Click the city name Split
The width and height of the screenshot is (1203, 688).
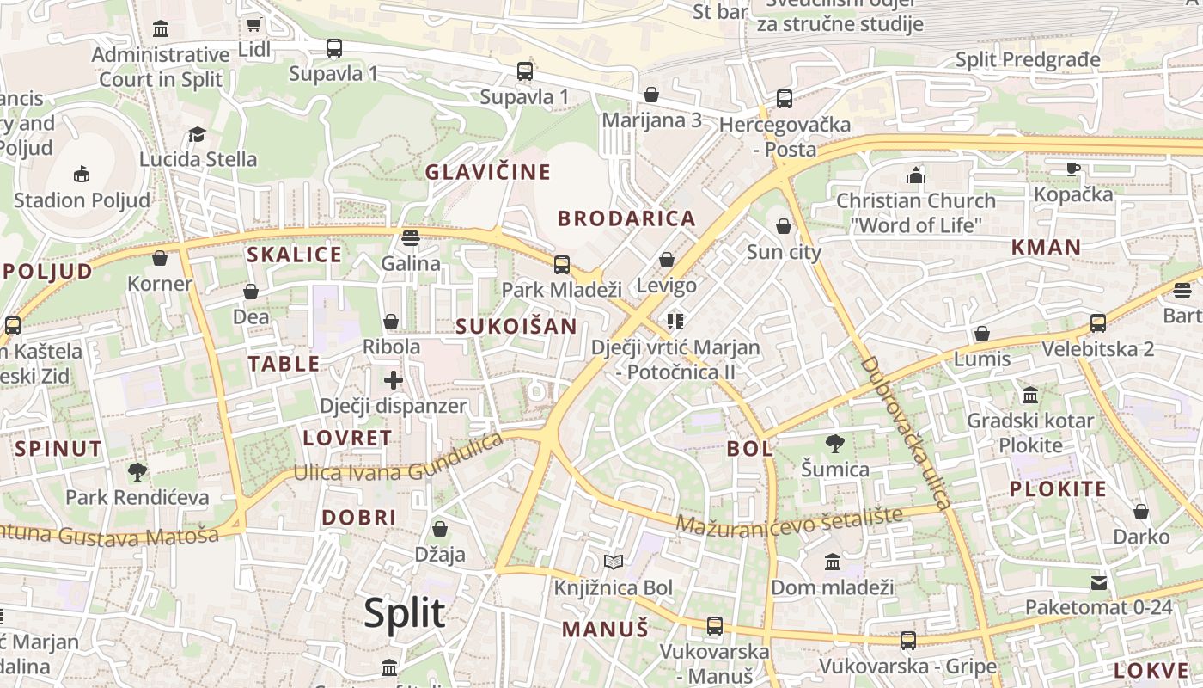pos(404,613)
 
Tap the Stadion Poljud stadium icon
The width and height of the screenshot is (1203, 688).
pos(81,175)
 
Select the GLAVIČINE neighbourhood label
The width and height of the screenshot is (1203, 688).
pos(488,172)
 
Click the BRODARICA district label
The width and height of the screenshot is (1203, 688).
pos(626,218)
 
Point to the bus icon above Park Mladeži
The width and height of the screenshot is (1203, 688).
pos(561,264)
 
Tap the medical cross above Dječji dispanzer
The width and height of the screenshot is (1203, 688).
pos(394,379)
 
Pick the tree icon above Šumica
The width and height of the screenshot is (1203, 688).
pos(834,444)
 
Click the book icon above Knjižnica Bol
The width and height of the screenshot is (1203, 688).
pos(613,562)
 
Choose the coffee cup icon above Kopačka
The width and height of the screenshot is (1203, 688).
pos(1072,169)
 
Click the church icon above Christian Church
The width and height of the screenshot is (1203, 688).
pos(916,175)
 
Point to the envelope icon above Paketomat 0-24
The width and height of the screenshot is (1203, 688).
pos(1098,582)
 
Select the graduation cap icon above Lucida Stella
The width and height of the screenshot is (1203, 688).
pos(198,134)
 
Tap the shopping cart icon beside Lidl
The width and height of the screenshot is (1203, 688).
pos(253,24)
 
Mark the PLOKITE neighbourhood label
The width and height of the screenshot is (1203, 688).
pos(1058,489)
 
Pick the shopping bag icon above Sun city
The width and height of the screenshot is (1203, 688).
pos(783,226)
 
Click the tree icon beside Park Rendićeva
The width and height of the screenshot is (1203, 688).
pos(137,471)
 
